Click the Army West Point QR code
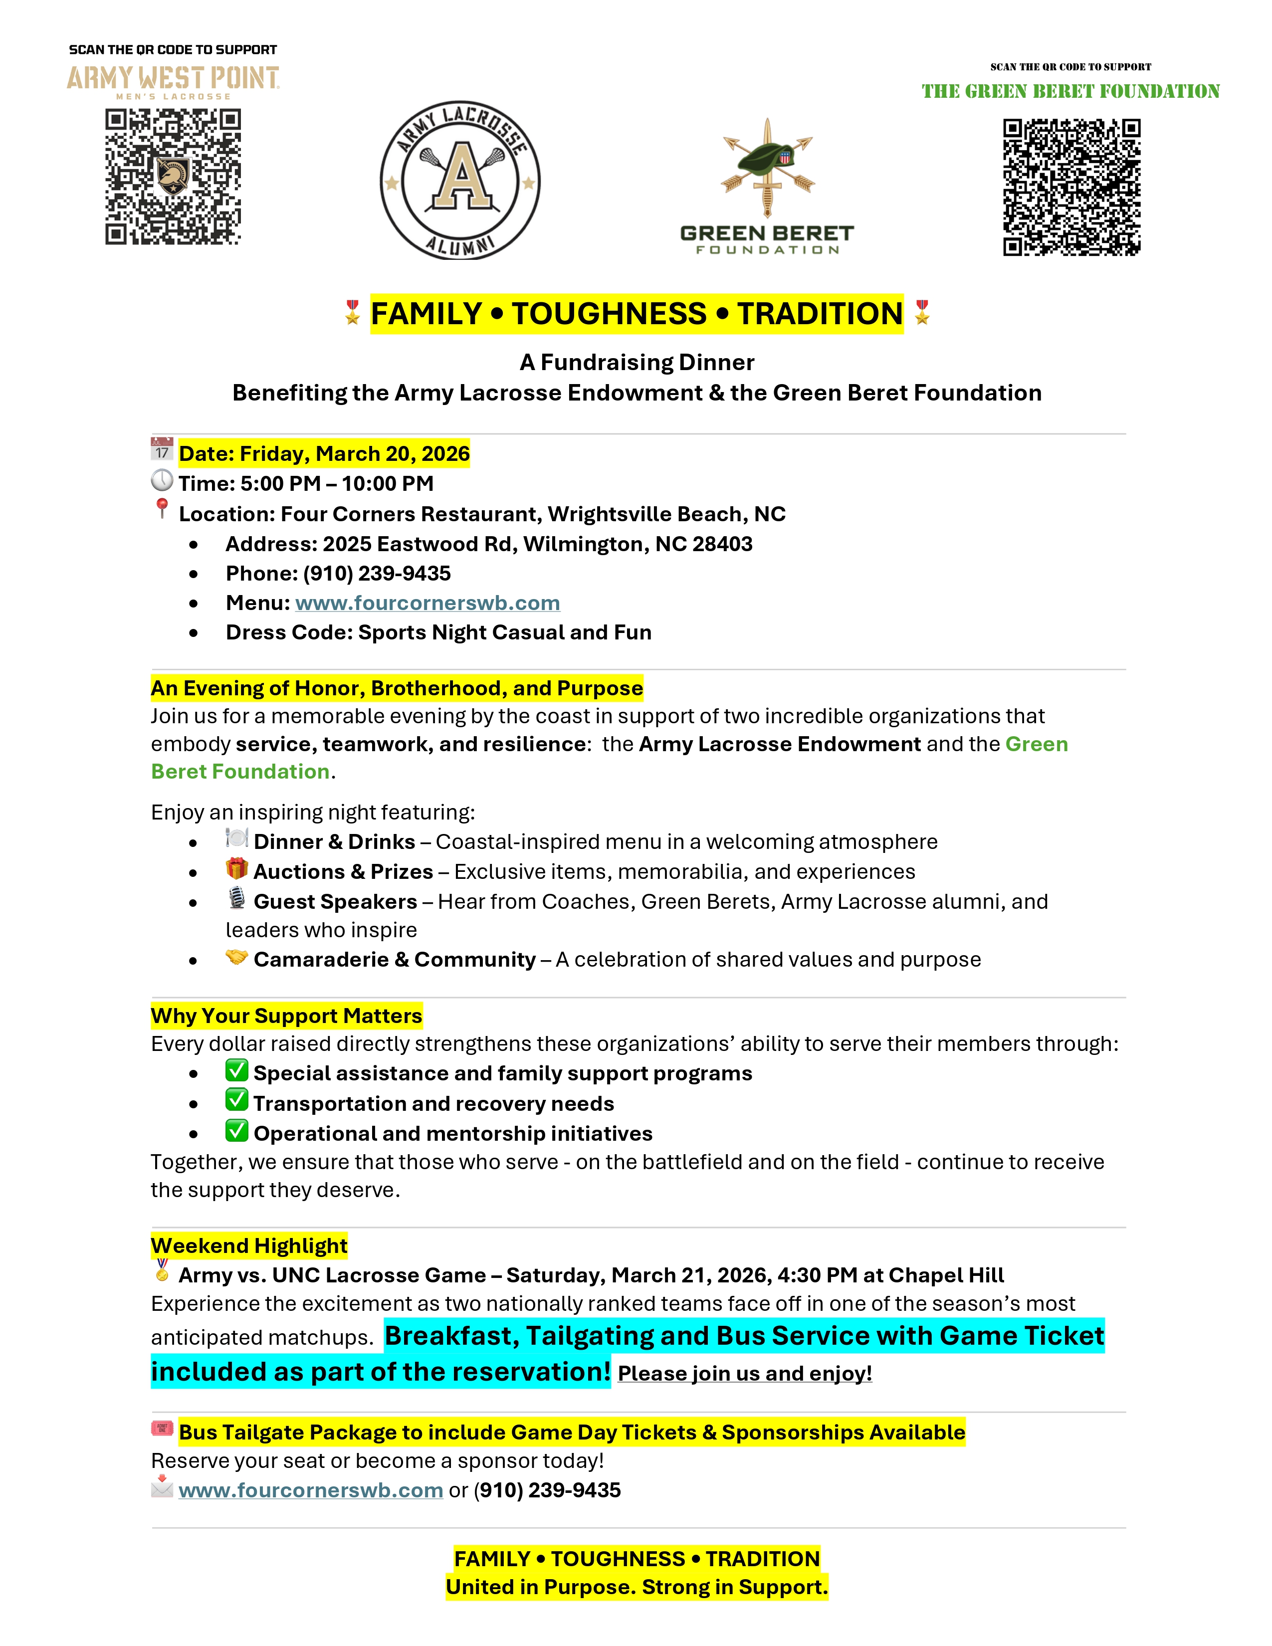point(173,177)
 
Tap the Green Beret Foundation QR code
point(1071,187)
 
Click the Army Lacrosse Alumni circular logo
point(460,181)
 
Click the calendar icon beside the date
point(162,449)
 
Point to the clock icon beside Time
point(162,480)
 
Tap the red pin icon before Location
point(161,509)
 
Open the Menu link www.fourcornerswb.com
point(427,603)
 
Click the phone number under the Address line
point(377,574)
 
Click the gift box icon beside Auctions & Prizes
point(236,869)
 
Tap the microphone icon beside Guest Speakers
point(236,898)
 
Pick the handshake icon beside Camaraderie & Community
point(236,957)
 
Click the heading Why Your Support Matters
point(286,1016)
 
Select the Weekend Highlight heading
point(249,1246)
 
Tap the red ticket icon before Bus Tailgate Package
point(162,1428)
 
